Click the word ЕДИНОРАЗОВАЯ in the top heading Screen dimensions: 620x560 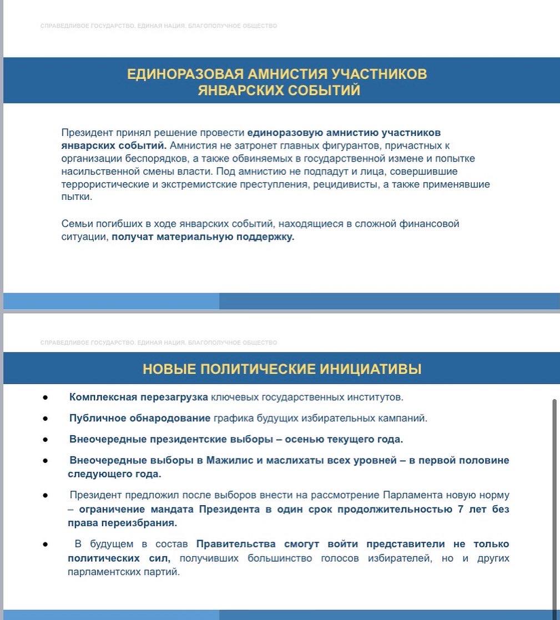pos(185,74)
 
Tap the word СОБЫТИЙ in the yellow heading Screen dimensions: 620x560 pos(324,90)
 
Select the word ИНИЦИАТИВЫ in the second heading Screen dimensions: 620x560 pos(370,369)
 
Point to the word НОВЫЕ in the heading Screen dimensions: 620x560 pos(169,369)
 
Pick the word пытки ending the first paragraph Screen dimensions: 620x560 pos(77,197)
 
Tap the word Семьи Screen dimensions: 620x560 pos(77,224)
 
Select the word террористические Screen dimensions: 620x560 pos(105,184)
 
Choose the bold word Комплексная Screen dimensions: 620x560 pos(103,397)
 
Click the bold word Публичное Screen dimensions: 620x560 pos(97,419)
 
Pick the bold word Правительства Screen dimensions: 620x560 pos(236,544)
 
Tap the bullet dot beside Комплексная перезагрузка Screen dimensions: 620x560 pos(46,398)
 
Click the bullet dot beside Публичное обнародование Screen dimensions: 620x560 pos(46,419)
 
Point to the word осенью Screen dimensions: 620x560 pos(304,440)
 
